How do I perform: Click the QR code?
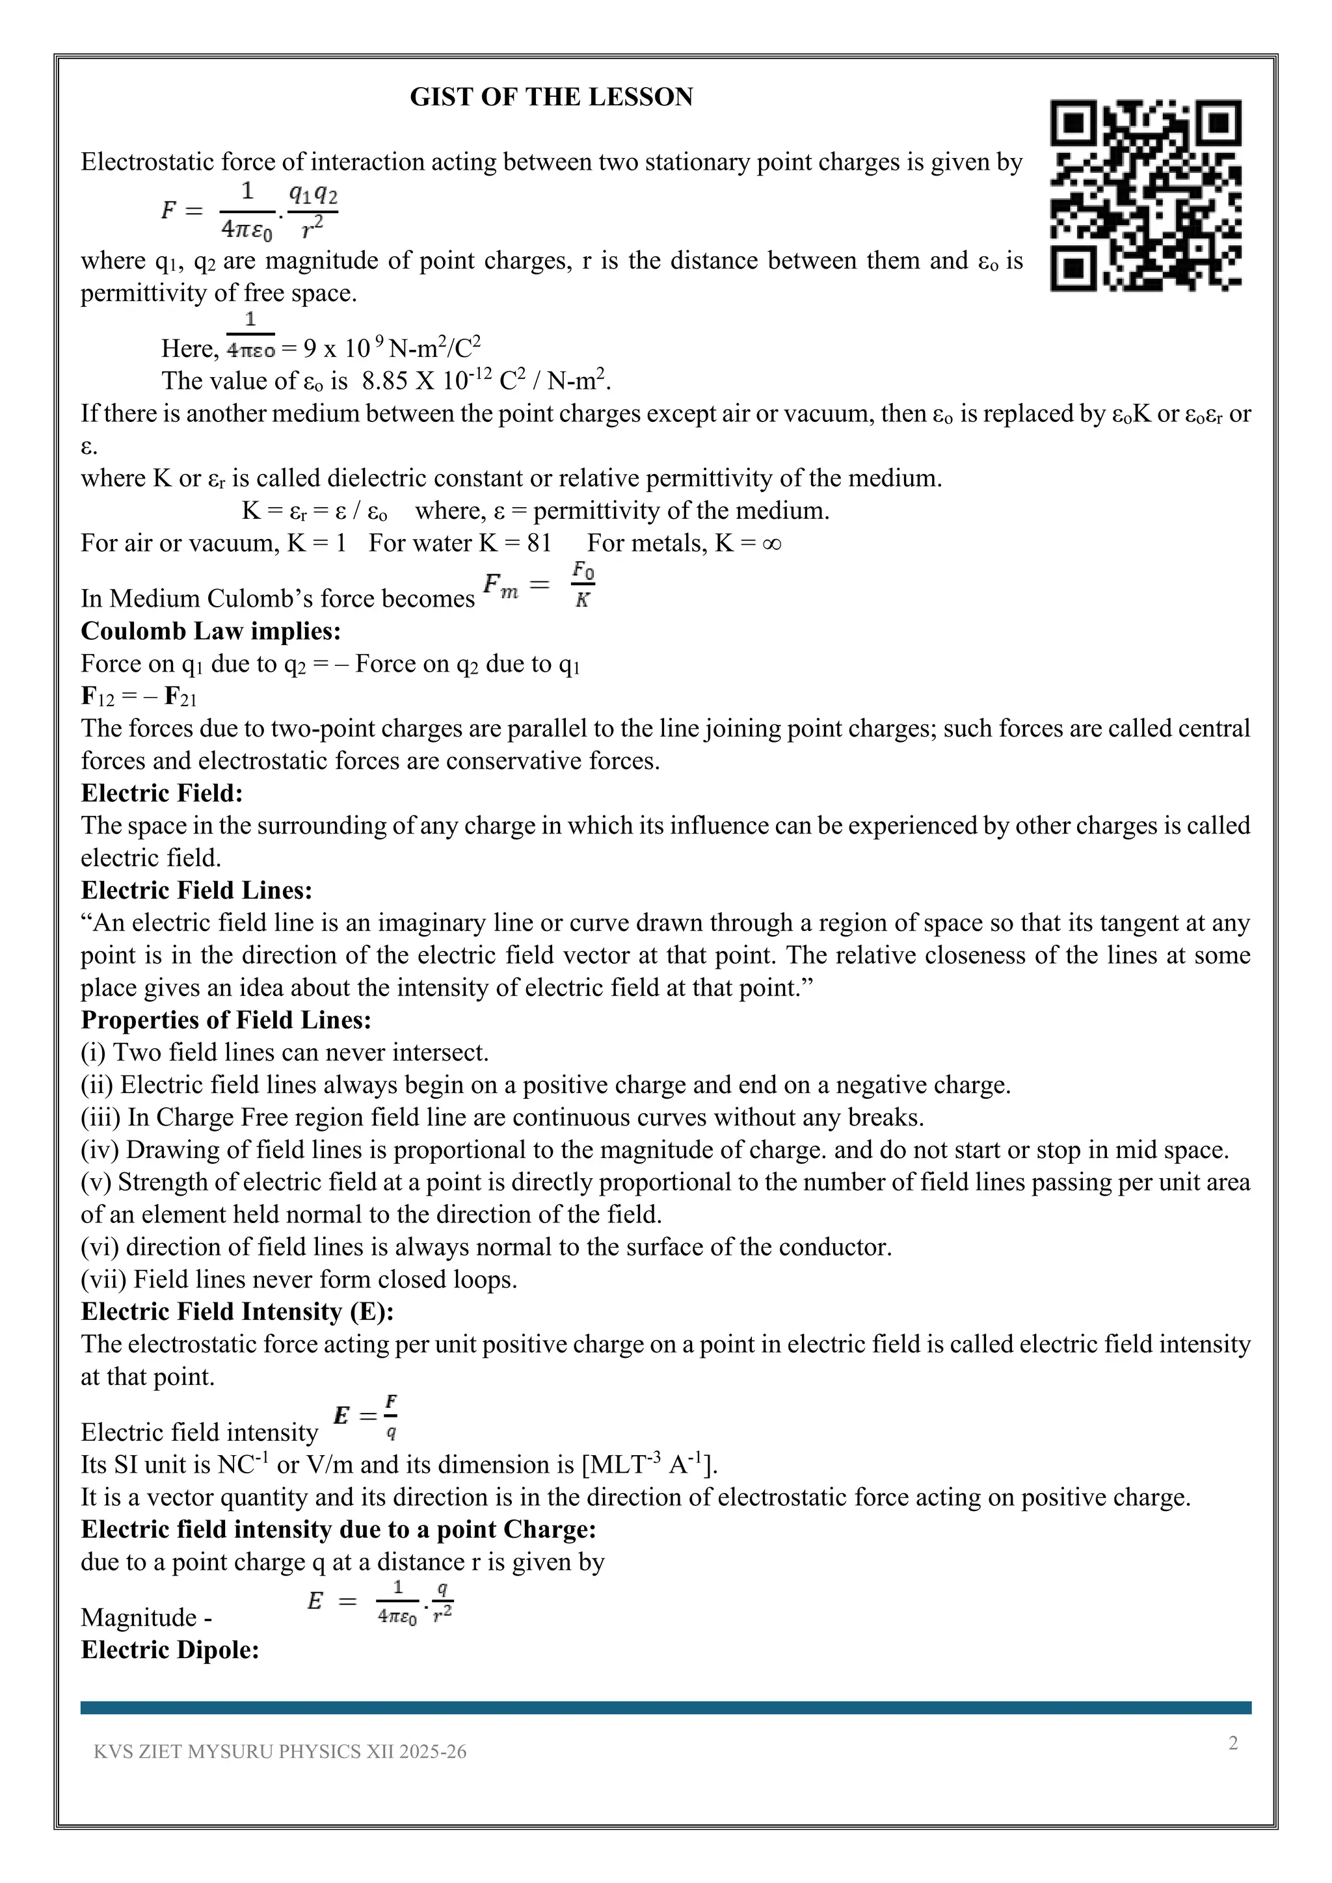1146,195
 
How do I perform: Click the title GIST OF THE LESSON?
551,97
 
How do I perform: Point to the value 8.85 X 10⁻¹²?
427,380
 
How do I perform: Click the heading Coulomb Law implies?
211,631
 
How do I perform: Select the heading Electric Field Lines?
196,891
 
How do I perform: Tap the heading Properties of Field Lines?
226,1020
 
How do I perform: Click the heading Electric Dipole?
170,1650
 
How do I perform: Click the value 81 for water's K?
539,543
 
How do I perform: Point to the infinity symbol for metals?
771,544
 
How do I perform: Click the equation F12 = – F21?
139,696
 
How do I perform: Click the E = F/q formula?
366,1416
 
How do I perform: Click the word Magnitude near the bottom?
139,1617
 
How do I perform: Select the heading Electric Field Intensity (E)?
237,1312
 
